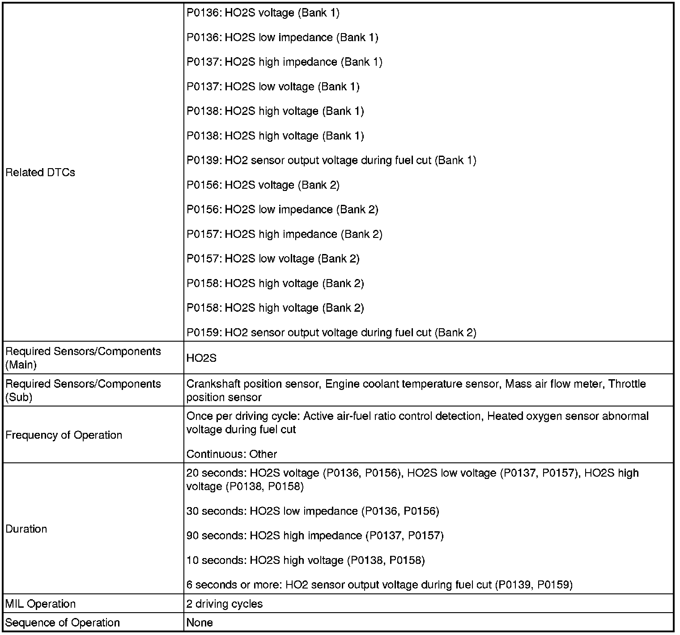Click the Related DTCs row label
(x=40, y=173)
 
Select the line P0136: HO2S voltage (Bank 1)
(x=263, y=13)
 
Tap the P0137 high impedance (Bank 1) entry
(x=284, y=62)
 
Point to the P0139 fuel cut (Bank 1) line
(x=331, y=161)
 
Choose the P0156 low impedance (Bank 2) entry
(x=282, y=210)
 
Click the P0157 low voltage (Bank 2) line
(x=273, y=259)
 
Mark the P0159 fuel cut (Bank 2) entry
(x=331, y=333)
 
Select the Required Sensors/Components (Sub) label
(x=83, y=390)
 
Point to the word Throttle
(x=627, y=384)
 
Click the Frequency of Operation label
(x=64, y=435)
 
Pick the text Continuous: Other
(x=232, y=454)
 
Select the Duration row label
(x=26, y=529)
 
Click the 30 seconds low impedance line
(x=312, y=511)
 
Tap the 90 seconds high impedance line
(x=314, y=536)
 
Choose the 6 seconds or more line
(x=379, y=585)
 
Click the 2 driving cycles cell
(x=225, y=604)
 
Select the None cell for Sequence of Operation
(x=200, y=623)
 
